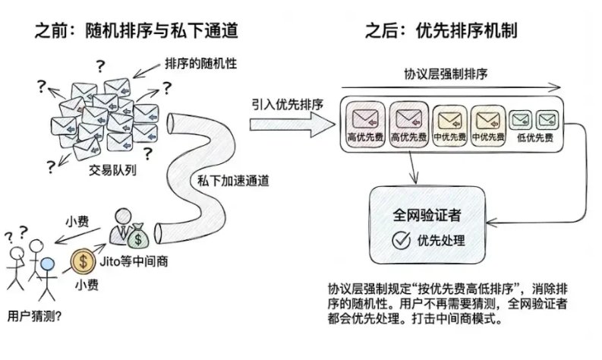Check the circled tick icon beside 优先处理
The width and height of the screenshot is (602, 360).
(x=400, y=242)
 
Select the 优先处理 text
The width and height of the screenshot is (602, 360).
(x=441, y=242)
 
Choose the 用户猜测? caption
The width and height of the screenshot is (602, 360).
(x=33, y=312)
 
